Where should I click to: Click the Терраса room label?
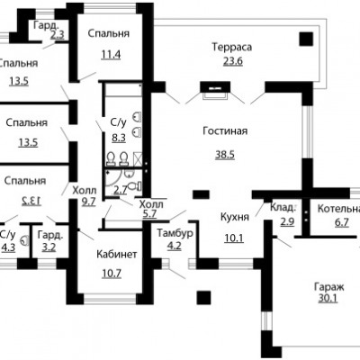[232, 47]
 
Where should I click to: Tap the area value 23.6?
[233, 61]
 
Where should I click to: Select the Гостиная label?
[225, 131]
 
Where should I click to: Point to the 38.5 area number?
[225, 155]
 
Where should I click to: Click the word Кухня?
[235, 217]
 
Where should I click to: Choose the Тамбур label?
[175, 233]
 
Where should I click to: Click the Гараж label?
[329, 287]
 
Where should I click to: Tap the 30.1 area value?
[328, 299]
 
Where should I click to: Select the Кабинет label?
[117, 255]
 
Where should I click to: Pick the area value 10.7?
[112, 274]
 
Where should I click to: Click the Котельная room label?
[338, 209]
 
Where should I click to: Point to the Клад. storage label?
[283, 207]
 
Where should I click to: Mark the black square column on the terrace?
[306, 39]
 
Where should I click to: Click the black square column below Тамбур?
[204, 298]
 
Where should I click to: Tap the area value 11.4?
[111, 55]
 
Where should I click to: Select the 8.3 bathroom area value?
[119, 139]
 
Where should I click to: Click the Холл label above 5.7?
[151, 204]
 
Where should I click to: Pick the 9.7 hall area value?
[88, 202]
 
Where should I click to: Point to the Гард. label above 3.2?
[50, 235]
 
